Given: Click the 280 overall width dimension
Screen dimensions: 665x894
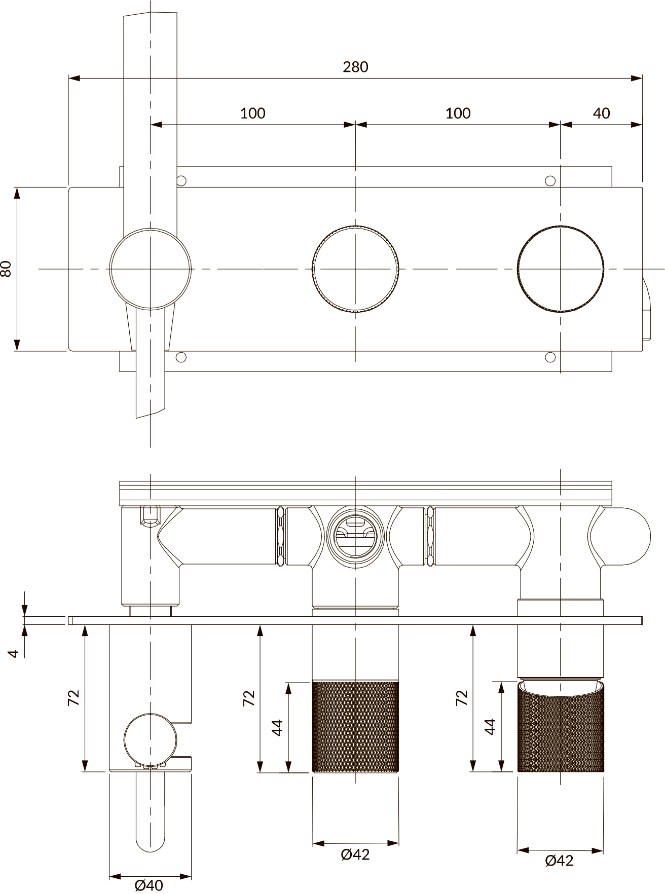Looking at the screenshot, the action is click(x=355, y=67).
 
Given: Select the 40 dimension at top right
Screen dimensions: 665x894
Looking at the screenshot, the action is click(x=601, y=113).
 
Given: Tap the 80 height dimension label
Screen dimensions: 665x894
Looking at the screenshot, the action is click(x=7, y=269).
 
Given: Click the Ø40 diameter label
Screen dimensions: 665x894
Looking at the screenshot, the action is click(x=149, y=885).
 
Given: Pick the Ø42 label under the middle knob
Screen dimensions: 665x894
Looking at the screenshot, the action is click(x=355, y=854).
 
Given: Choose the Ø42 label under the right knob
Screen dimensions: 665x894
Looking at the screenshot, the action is click(x=560, y=860).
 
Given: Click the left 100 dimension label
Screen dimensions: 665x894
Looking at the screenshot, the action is click(x=252, y=113).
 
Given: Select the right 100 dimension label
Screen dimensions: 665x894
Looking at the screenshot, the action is click(x=458, y=113).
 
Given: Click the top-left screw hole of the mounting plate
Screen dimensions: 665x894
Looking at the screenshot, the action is click(x=181, y=180).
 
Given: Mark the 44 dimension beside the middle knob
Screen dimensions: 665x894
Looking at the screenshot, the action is click(x=277, y=727).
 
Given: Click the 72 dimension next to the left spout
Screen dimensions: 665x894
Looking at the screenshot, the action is click(x=73, y=698).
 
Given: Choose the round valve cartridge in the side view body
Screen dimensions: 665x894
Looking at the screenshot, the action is click(x=355, y=533).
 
